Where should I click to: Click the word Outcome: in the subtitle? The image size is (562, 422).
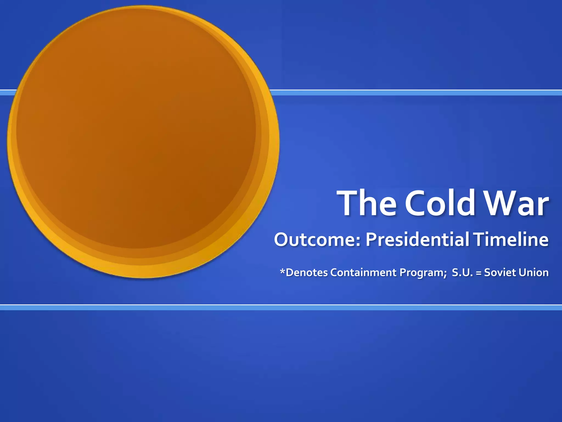point(317,240)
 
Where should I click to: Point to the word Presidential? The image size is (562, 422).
point(417,240)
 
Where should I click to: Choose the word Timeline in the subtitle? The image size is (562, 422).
point(511,240)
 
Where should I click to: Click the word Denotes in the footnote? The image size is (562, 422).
point(307,273)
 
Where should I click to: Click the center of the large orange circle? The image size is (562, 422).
point(143,141)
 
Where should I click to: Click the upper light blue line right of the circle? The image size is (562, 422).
point(412,93)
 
